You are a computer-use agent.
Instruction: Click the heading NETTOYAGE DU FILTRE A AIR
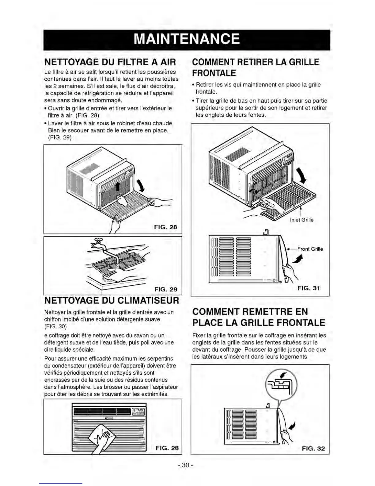(x=110, y=62)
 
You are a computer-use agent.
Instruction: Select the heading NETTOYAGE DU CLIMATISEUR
(x=112, y=300)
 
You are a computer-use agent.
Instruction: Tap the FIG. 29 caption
(x=166, y=289)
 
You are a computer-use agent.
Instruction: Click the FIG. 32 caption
(x=313, y=448)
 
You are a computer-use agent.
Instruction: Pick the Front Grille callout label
(x=310, y=249)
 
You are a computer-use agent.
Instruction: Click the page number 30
(x=185, y=465)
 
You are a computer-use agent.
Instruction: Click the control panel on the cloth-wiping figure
(x=139, y=411)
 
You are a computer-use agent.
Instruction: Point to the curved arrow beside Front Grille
(x=296, y=260)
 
